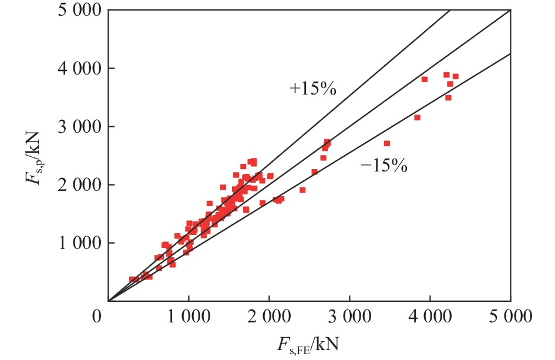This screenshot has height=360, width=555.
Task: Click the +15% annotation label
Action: click(x=312, y=89)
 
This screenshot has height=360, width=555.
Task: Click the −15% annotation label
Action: click(x=384, y=166)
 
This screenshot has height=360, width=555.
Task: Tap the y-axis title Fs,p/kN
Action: click(x=34, y=158)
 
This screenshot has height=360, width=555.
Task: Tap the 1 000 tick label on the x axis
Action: click(x=189, y=318)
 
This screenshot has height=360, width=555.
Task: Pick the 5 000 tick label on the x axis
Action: click(x=510, y=318)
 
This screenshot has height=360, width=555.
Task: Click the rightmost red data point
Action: click(x=455, y=76)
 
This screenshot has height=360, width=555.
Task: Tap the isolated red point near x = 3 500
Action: click(x=387, y=143)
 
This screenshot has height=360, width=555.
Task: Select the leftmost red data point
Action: click(x=132, y=280)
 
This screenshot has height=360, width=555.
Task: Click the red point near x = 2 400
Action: click(x=302, y=190)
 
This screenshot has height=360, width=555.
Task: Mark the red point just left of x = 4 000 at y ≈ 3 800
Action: click(x=425, y=79)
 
